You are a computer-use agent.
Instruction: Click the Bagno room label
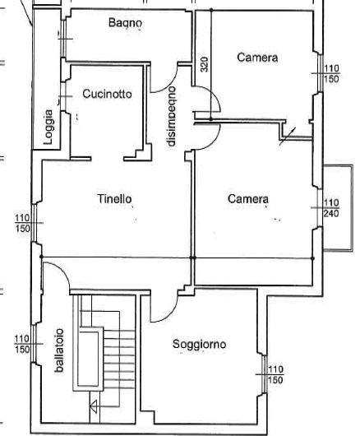pos(125,22)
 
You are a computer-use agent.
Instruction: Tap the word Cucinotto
pos(107,94)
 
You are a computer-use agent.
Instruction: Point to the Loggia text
pos(48,127)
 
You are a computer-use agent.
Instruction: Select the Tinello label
pos(114,198)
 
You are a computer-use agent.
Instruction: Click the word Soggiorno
pos(199,344)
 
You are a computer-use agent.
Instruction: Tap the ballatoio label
pos(59,350)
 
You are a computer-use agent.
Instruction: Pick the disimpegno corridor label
pos(172,116)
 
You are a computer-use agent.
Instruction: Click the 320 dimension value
pos(204,64)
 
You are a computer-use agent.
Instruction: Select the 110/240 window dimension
pos(331,207)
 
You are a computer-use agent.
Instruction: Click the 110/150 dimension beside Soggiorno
pos(275,374)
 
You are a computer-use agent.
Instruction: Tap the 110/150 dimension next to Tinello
pos(22,223)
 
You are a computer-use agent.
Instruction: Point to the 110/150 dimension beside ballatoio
pos(22,344)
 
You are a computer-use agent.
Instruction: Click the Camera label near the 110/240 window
pos(248,199)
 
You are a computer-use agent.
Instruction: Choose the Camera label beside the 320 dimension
pos(257,58)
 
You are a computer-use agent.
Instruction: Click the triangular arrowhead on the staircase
pos(94,406)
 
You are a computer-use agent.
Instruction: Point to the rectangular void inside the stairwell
pos(88,359)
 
